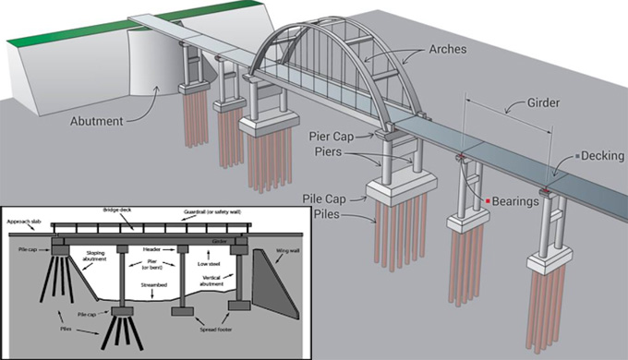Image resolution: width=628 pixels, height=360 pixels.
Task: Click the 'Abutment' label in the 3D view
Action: click(99, 119)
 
